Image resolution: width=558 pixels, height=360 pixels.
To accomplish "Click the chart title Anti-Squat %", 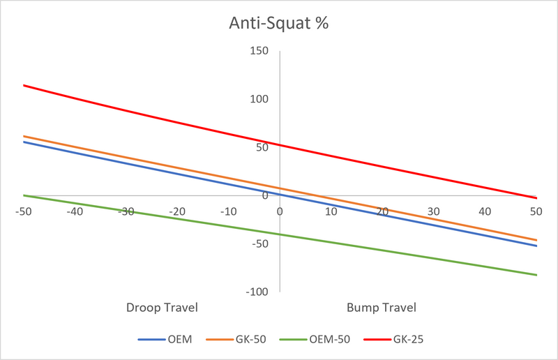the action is pos(278,23).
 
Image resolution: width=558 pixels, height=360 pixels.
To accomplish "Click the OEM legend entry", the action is pos(165,339).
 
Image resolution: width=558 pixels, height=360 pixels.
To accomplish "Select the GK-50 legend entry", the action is pos(236,339).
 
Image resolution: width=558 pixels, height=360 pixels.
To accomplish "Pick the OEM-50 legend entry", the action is pos(315,339).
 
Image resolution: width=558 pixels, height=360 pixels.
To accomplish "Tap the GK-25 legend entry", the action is pos(393,339).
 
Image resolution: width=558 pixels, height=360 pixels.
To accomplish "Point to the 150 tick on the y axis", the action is pos(259,50).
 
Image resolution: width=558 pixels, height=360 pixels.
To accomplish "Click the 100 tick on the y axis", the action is pos(259,99).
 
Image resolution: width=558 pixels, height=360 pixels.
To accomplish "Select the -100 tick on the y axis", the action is pos(257,292).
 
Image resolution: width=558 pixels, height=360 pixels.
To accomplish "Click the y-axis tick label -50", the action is pos(259,244).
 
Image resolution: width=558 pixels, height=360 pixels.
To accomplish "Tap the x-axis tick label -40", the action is pos(75,211).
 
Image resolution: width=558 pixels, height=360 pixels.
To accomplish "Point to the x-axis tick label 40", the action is pos(485,211).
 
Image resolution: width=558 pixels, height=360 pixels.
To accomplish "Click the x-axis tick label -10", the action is pos(228,211).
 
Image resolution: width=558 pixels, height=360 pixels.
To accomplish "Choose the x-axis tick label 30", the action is pos(433,211).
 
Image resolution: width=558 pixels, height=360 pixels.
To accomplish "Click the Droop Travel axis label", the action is pos(162,308).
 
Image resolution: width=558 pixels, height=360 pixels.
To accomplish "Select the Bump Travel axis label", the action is pos(382,308).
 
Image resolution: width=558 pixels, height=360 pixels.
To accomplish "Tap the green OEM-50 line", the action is pos(280,234).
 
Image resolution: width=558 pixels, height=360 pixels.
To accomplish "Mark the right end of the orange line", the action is pos(536,241).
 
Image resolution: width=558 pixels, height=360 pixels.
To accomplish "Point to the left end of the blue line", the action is pos(24,142).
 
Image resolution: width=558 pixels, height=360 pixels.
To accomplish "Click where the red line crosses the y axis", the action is pos(280,145).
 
